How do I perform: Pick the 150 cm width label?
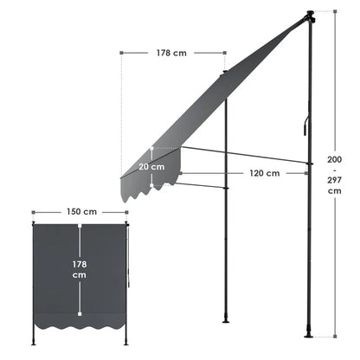click(81, 211)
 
